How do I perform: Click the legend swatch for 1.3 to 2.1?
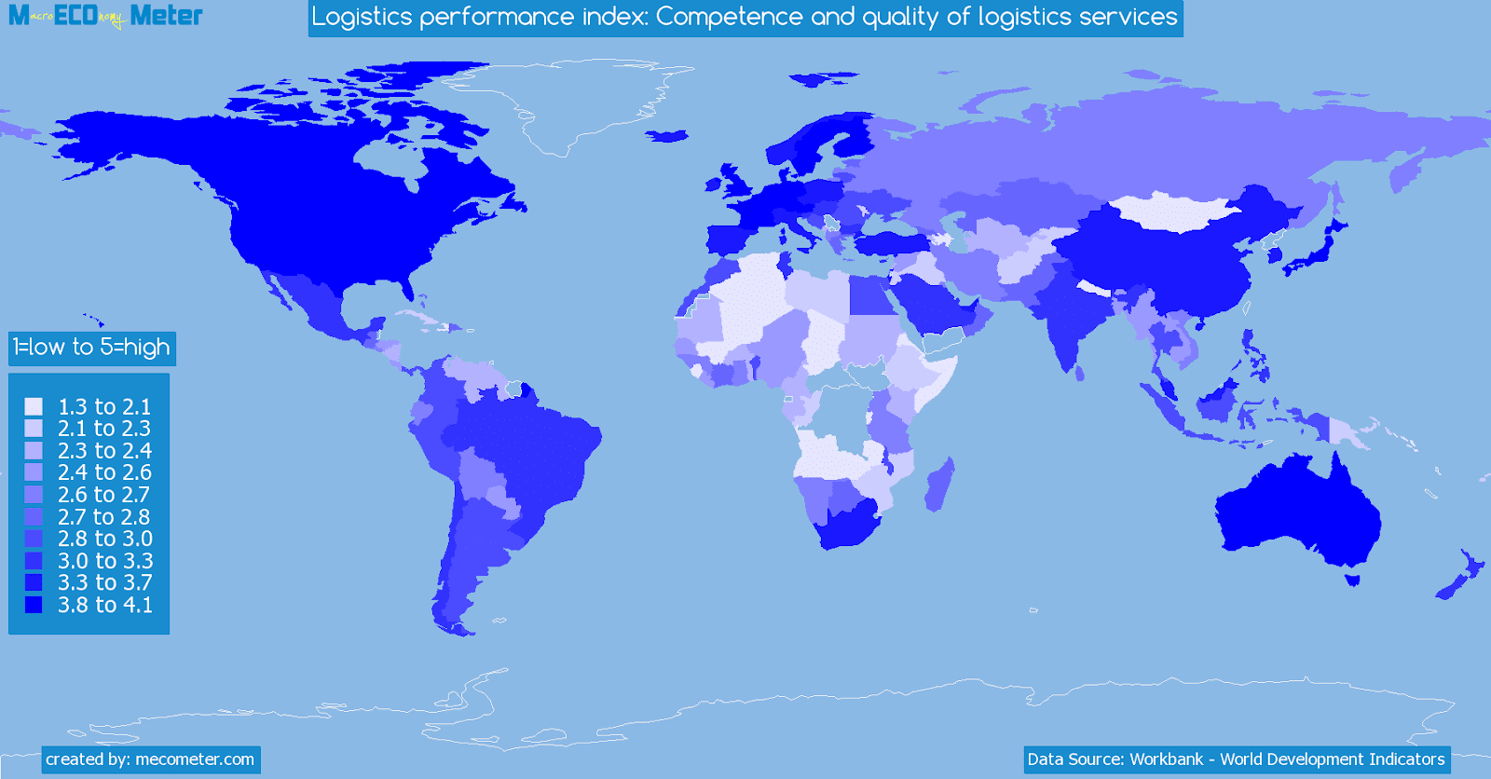pyautogui.click(x=34, y=406)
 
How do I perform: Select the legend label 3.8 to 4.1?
pyautogui.click(x=104, y=605)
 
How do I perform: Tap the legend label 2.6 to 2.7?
pyautogui.click(x=103, y=495)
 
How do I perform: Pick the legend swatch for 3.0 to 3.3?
pyautogui.click(x=34, y=561)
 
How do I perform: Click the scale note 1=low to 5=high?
pyautogui.click(x=91, y=348)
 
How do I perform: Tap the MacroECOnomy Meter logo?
pyautogui.click(x=105, y=16)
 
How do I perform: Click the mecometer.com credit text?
pyautogui.click(x=150, y=759)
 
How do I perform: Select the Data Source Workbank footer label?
pyautogui.click(x=1236, y=759)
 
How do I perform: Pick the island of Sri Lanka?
pyautogui.click(x=1080, y=373)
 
